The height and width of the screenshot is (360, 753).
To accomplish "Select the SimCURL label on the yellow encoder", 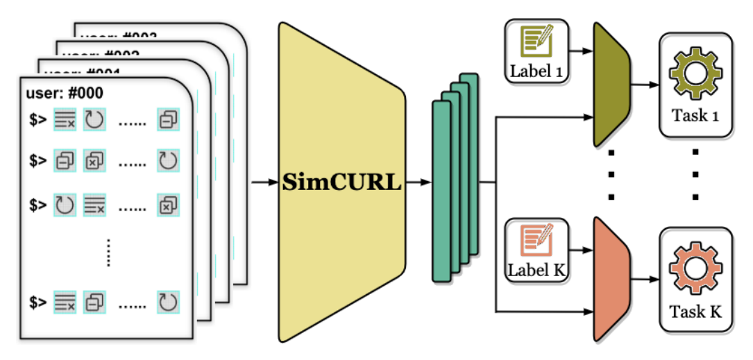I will click(x=342, y=183).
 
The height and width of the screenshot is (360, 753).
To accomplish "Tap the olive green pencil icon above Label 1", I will click(x=538, y=43).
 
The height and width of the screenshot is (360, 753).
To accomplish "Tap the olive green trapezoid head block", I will click(x=611, y=84).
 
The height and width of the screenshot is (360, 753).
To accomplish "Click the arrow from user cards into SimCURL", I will click(x=264, y=183).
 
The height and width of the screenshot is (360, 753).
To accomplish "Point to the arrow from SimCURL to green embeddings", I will click(x=419, y=183).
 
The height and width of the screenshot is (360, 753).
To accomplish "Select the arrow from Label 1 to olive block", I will click(x=582, y=51).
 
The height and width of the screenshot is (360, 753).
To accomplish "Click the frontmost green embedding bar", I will click(x=442, y=191).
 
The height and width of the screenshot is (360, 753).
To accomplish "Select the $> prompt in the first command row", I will click(x=37, y=120).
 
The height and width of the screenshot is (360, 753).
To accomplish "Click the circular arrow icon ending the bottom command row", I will click(x=168, y=302).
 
